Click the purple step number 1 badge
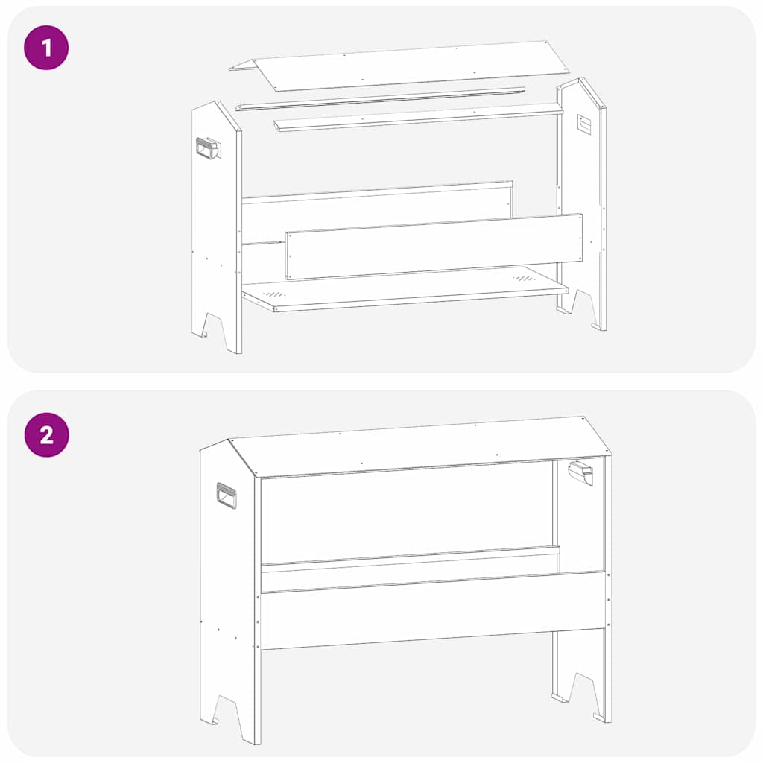pyautogui.click(x=46, y=48)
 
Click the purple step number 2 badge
pyautogui.click(x=46, y=434)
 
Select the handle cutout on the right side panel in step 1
pyautogui.click(x=583, y=124)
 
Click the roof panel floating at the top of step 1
pyautogui.click(x=402, y=66)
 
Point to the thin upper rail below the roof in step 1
pyautogui.click(x=380, y=98)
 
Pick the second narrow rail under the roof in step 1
pyautogui.click(x=417, y=118)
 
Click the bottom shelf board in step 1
pyautogui.click(x=402, y=288)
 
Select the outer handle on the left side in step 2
pyautogui.click(x=226, y=496)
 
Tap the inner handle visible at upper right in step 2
pyautogui.click(x=580, y=472)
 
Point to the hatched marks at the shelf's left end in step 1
pyautogui.click(x=276, y=295)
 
